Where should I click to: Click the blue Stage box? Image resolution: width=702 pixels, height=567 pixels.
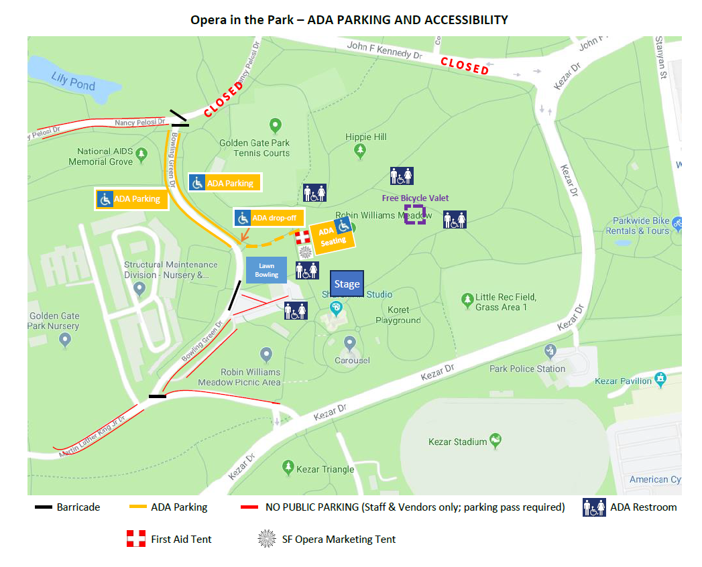(347, 283)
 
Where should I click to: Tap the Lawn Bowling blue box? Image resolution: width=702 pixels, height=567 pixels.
(266, 270)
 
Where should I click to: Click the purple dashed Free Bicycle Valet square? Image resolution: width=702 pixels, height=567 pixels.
(414, 214)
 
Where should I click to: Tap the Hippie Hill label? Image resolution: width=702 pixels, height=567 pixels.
(366, 137)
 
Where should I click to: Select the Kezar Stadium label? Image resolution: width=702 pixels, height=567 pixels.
(458, 442)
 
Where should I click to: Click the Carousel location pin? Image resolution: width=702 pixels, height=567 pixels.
(349, 343)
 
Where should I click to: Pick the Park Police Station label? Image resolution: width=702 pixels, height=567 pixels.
(527, 369)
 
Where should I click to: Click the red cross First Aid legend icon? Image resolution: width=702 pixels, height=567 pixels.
(136, 539)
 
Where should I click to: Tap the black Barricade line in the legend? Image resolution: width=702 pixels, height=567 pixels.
(44, 507)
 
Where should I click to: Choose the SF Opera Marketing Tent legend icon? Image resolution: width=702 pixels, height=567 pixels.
(267, 539)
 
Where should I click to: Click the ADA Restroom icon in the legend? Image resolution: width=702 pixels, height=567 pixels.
(594, 507)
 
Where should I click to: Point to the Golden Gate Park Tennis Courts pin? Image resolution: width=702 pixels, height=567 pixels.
(274, 125)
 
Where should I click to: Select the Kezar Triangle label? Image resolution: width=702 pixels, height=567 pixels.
(325, 469)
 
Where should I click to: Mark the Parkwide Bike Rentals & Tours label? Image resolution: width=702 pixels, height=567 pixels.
(641, 226)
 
